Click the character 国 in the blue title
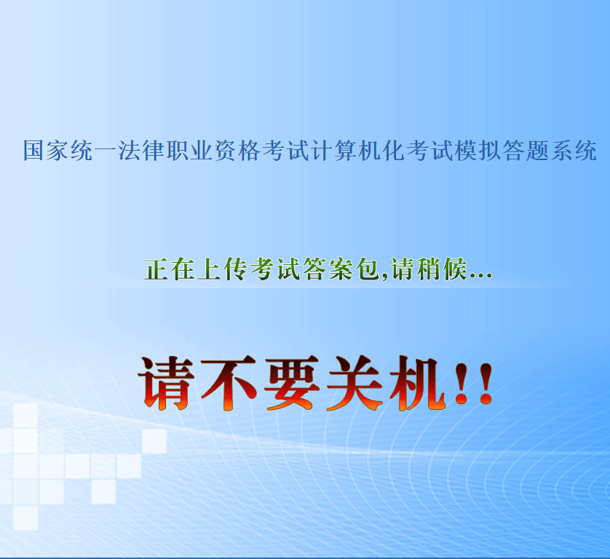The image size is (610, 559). click(x=33, y=151)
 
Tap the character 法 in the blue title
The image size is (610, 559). click(x=129, y=151)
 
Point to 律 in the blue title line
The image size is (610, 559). click(x=154, y=151)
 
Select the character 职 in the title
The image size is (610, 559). click(x=177, y=151)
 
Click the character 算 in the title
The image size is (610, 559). click(x=345, y=151)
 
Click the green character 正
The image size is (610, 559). click(x=157, y=269)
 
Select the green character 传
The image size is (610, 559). click(x=235, y=269)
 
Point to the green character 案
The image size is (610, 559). click(x=341, y=269)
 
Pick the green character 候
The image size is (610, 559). click(x=455, y=269)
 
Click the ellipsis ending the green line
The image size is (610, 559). click(x=481, y=275)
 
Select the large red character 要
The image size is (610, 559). click(x=292, y=383)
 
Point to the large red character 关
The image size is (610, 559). click(x=354, y=383)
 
